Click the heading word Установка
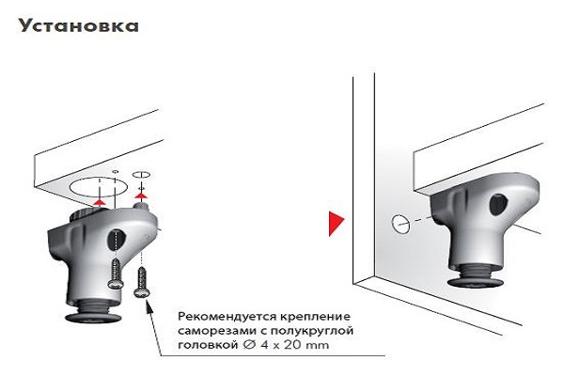coord(79,25)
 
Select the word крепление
coord(315,317)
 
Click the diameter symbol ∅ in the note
coord(248,345)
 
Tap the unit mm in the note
coord(318,346)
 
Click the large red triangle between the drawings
coord(337,224)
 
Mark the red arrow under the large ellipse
coord(100,201)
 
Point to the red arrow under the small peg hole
coord(141,196)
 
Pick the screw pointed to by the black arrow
coord(140,283)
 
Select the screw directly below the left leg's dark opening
coord(116,274)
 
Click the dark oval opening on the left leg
coord(116,240)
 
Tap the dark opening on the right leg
coord(498,205)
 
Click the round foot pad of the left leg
coord(93,318)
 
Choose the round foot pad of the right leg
coord(475,282)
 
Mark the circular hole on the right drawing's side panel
coord(400,224)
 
